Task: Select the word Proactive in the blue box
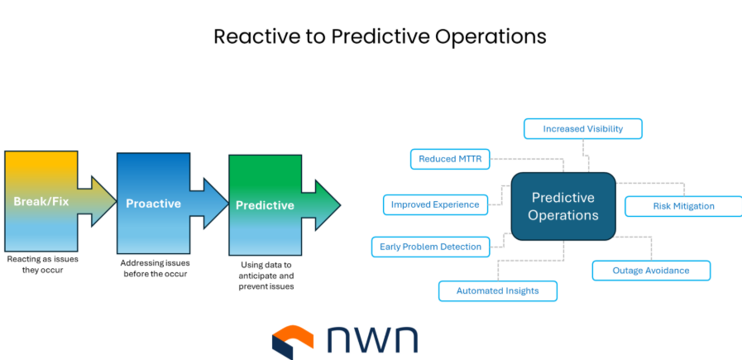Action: [x=153, y=204]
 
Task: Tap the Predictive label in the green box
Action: [x=265, y=205]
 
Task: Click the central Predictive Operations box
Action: [x=563, y=206]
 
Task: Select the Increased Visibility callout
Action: [x=582, y=128]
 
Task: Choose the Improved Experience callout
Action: [x=435, y=204]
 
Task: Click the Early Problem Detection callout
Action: [x=430, y=246]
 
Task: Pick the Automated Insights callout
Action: [x=497, y=290]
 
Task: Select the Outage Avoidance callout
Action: [x=650, y=271]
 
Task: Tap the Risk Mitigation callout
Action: [x=682, y=206]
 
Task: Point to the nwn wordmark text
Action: [x=372, y=340]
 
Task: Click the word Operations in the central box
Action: [x=563, y=215]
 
